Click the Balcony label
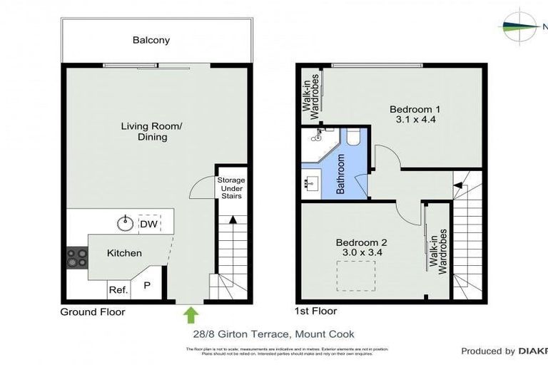coord(151,40)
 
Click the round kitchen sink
coord(126,224)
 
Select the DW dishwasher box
coord(148,224)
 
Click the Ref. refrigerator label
coord(118,290)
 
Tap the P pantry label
coord(148,286)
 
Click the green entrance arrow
coord(191,314)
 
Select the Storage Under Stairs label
coord(230,188)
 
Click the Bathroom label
coord(340,175)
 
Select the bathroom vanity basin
coord(311,183)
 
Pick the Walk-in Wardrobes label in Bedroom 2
coord(438,251)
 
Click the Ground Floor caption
coord(93,312)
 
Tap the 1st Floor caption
coord(315,311)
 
